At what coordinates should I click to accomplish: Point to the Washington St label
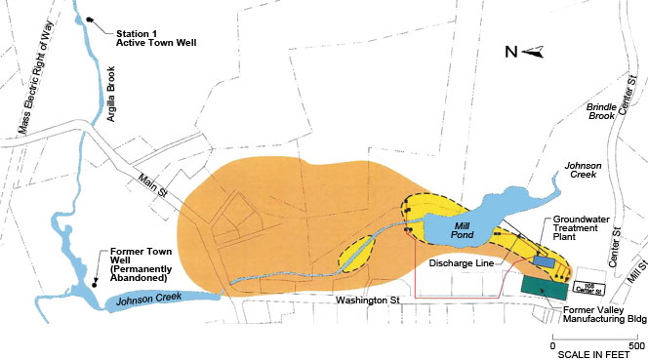[x=365, y=299]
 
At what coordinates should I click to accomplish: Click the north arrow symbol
[x=532, y=54]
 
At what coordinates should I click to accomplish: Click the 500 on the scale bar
[x=634, y=346]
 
